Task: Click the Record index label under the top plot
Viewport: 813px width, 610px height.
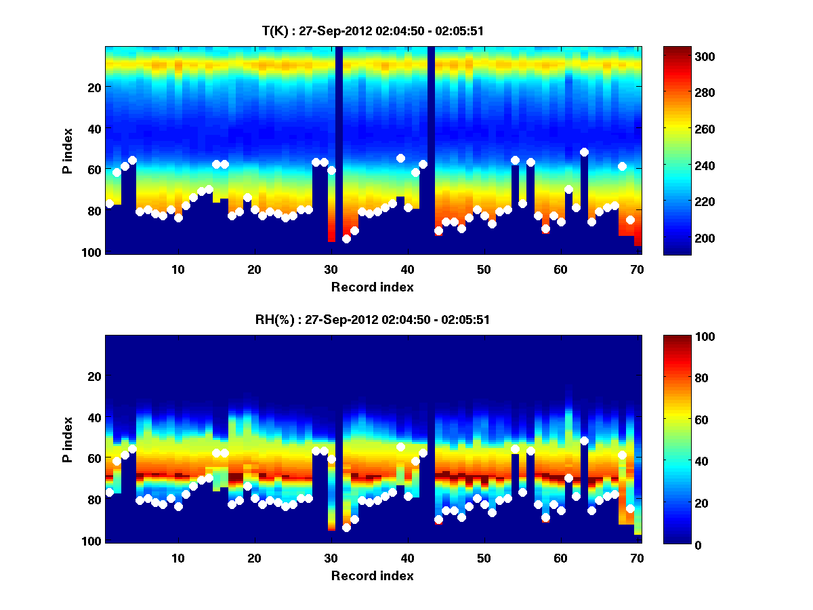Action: (x=372, y=287)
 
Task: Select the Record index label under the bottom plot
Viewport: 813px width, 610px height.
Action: (x=372, y=576)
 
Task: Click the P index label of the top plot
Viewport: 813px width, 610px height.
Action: (x=68, y=151)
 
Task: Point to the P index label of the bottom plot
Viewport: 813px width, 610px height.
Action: (x=68, y=440)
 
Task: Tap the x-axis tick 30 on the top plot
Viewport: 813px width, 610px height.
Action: (x=331, y=269)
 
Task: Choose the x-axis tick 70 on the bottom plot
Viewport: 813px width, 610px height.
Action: (x=637, y=558)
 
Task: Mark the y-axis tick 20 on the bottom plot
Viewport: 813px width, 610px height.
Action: (x=93, y=376)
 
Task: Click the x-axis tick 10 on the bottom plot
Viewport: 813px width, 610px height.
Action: (x=178, y=558)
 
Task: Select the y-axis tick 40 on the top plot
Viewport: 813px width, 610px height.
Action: (x=93, y=128)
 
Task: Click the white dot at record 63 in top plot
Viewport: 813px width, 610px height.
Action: (x=584, y=152)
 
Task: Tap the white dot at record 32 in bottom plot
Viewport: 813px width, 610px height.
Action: (x=346, y=527)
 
